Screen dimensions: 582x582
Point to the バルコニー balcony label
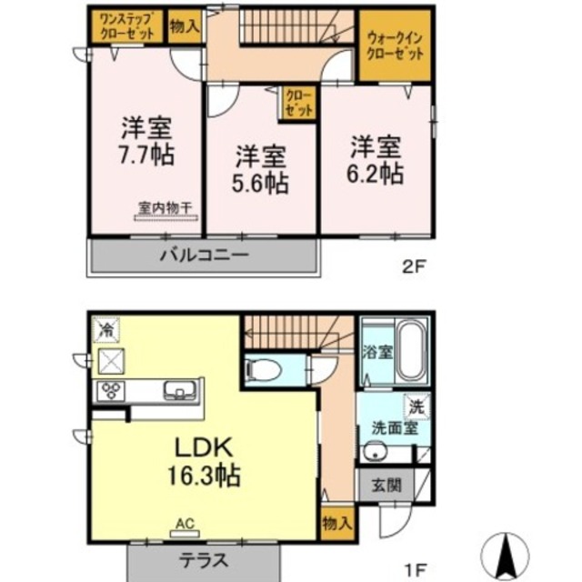(x=205, y=256)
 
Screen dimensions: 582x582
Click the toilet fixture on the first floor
(x=261, y=370)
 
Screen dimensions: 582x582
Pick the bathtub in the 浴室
(x=412, y=351)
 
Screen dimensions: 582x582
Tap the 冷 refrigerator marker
(x=107, y=326)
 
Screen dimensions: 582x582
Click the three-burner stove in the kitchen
(x=113, y=392)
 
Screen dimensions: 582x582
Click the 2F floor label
(x=414, y=266)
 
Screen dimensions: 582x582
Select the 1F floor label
(x=414, y=570)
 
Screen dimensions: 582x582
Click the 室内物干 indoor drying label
(x=165, y=207)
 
